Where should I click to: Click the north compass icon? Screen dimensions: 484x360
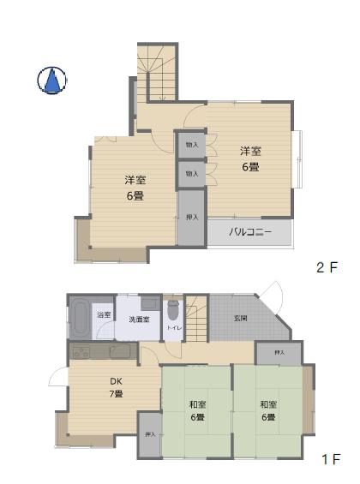(x=51, y=81)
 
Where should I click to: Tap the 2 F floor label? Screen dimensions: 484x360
(x=327, y=267)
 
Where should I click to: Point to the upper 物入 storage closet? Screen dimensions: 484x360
(x=191, y=146)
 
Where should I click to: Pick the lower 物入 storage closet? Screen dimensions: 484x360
(x=191, y=174)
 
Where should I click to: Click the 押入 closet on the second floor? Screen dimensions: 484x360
(x=191, y=218)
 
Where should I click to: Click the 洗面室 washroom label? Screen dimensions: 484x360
(x=138, y=320)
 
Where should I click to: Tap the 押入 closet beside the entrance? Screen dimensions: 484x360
(x=279, y=353)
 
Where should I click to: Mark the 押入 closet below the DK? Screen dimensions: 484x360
(x=150, y=435)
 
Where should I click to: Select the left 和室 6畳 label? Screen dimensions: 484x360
(x=196, y=411)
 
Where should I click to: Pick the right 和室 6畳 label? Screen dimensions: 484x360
(x=267, y=411)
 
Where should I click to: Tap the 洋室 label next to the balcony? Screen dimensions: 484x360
(x=249, y=158)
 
